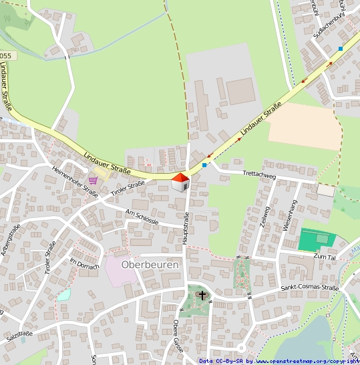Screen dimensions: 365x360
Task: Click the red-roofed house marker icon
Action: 180,181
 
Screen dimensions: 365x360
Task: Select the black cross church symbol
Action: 202,295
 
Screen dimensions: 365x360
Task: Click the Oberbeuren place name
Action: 150,265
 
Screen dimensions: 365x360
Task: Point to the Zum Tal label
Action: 323,256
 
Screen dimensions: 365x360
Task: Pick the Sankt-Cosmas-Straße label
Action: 309,289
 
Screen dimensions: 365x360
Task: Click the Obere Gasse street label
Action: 177,345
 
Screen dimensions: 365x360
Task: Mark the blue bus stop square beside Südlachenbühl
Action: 341,49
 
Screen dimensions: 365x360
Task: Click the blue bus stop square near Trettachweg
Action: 204,164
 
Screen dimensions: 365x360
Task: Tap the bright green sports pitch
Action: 314,239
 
